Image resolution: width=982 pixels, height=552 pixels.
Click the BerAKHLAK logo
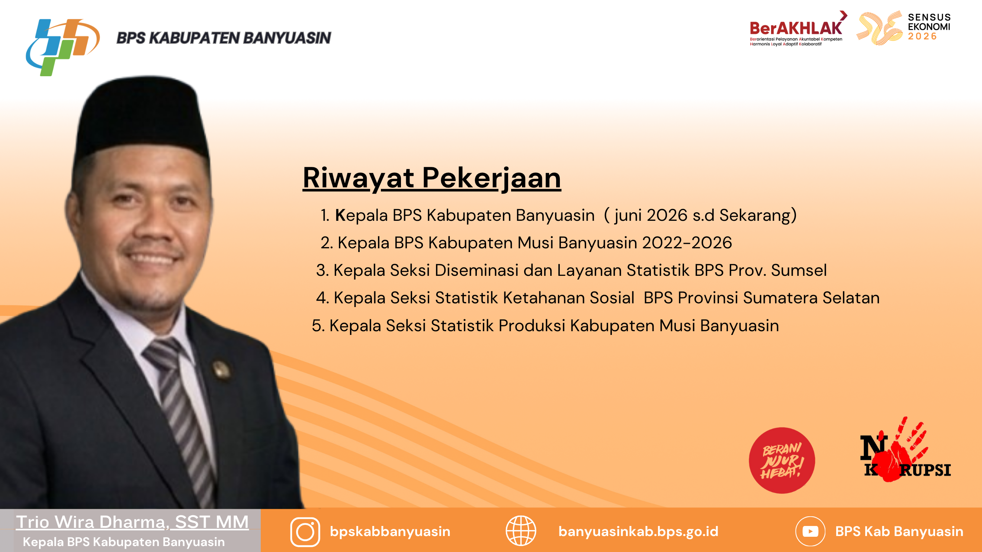pyautogui.click(x=798, y=29)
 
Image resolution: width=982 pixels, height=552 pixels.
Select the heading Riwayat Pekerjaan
pyautogui.click(x=431, y=178)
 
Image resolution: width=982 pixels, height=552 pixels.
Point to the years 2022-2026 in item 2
pyautogui.click(x=687, y=243)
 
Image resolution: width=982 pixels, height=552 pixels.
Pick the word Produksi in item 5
pyautogui.click(x=532, y=326)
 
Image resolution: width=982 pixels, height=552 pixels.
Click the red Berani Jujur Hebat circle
pyautogui.click(x=782, y=460)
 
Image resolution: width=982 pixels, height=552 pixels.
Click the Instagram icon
pyautogui.click(x=305, y=532)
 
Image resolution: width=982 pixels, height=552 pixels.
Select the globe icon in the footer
pyautogui.click(x=521, y=531)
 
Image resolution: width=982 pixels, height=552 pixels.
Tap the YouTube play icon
pyautogui.click(x=810, y=532)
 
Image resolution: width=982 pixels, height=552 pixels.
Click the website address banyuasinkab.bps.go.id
pyautogui.click(x=638, y=532)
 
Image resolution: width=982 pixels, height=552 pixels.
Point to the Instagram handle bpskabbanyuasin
pyautogui.click(x=390, y=532)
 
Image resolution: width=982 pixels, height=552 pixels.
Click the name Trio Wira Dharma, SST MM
pyautogui.click(x=132, y=522)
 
